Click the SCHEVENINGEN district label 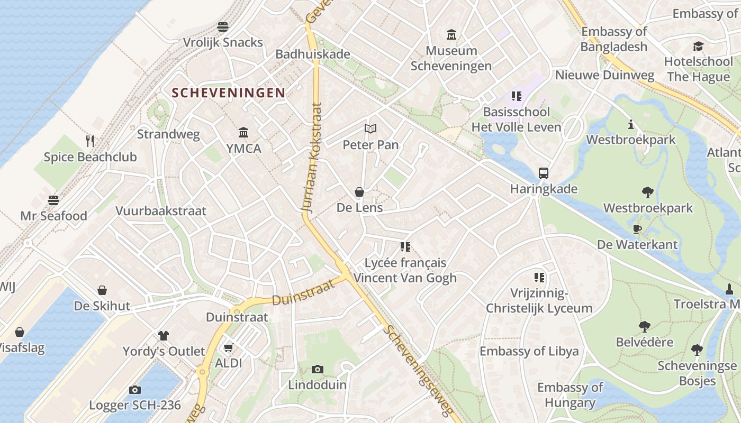coord(228,93)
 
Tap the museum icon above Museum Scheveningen coord(451,35)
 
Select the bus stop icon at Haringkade coord(544,173)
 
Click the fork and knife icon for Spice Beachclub coord(90,141)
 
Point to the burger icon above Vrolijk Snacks coord(223,26)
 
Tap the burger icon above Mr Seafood coord(53,200)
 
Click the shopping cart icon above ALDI coord(228,347)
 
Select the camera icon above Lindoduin coord(317,369)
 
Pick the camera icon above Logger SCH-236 coord(135,390)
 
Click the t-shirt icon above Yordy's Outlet coord(164,335)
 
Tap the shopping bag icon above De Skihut coord(102,290)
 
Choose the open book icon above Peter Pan coord(370,128)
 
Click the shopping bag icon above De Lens coord(359,192)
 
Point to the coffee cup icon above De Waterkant coord(637,228)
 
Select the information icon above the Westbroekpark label coord(631,124)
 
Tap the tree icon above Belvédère coord(644,326)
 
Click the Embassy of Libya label coord(529,352)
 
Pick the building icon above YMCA coord(243,132)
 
